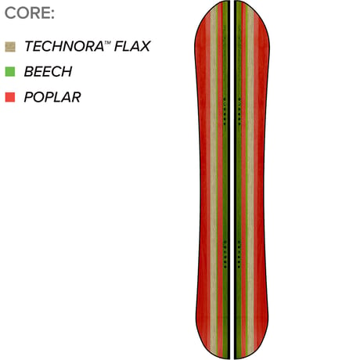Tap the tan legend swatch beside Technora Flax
(10, 47)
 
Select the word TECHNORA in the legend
(64, 46)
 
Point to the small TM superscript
(108, 42)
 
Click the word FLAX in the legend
(132, 46)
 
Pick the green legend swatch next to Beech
(10, 72)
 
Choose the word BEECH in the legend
(48, 71)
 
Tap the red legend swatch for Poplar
(10, 97)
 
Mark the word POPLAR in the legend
(52, 97)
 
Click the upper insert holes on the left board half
(225, 111)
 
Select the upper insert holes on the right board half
(239, 111)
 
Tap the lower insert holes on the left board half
(225, 254)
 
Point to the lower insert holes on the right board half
(239, 254)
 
